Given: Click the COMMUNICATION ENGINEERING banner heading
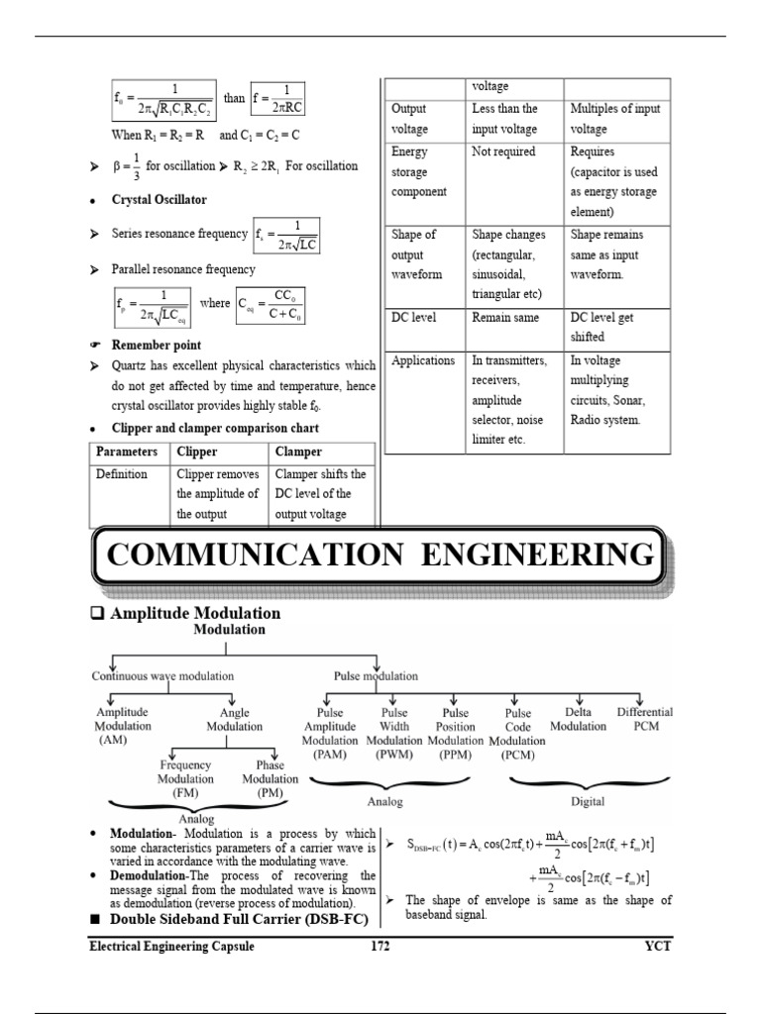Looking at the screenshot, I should pyautogui.click(x=380, y=556).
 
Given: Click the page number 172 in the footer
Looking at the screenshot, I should pyautogui.click(x=380, y=946).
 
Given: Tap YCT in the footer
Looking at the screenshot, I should pyautogui.click(x=657, y=946).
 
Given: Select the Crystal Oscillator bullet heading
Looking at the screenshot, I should pyautogui.click(x=160, y=200).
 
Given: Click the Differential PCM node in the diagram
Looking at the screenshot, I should pyautogui.click(x=644, y=719).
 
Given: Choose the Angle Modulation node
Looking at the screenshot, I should pyautogui.click(x=235, y=719).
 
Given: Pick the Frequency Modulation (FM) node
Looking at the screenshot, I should pyautogui.click(x=185, y=778).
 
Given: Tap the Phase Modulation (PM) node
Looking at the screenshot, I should pyautogui.click(x=270, y=778).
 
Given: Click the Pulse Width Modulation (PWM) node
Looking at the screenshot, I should pyautogui.click(x=394, y=733).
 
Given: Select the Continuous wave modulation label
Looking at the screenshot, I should pyautogui.click(x=163, y=676).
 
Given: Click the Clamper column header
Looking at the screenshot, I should pyautogui.click(x=298, y=452).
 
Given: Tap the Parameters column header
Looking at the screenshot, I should pyautogui.click(x=127, y=452).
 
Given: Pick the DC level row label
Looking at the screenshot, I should pyautogui.click(x=414, y=318).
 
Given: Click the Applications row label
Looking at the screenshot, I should pyautogui.click(x=423, y=360).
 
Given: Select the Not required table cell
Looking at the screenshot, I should pyautogui.click(x=503, y=152).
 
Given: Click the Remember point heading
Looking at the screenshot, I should pyautogui.click(x=157, y=346).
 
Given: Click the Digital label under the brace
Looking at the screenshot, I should pyautogui.click(x=587, y=801).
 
